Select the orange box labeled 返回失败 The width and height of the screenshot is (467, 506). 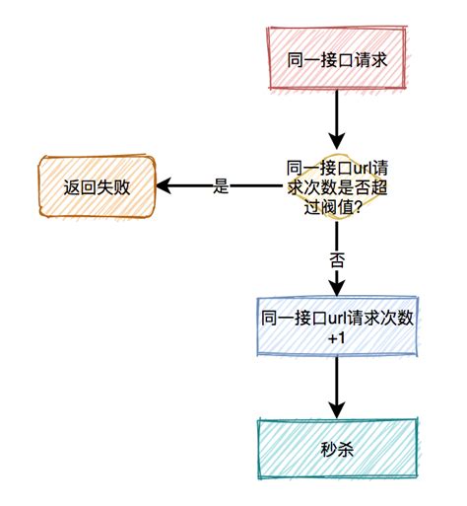pyautogui.click(x=97, y=186)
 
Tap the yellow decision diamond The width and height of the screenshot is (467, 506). pyautogui.click(x=336, y=185)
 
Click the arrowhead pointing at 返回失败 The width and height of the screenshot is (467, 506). pyautogui.click(x=168, y=186)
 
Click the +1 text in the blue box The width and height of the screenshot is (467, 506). pyautogui.click(x=336, y=339)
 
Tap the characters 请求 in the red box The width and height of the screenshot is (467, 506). pyautogui.click(x=366, y=59)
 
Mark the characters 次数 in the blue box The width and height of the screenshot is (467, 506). pyautogui.click(x=393, y=318)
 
